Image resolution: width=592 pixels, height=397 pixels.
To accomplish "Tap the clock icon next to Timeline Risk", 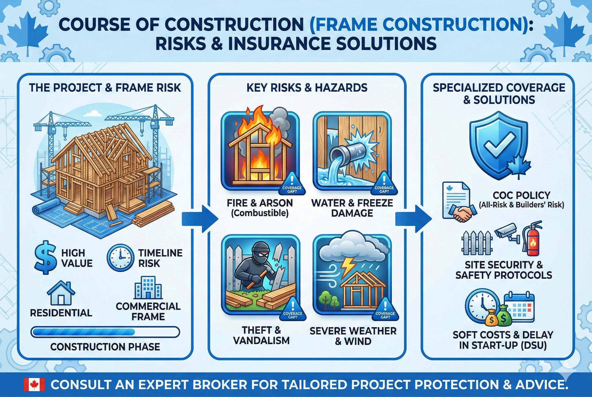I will [x=120, y=258].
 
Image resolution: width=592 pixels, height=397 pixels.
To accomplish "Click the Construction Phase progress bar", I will [x=105, y=332].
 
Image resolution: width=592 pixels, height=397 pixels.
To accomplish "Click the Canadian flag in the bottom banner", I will [x=34, y=385].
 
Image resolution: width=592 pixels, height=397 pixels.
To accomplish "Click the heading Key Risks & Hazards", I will [x=307, y=88].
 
